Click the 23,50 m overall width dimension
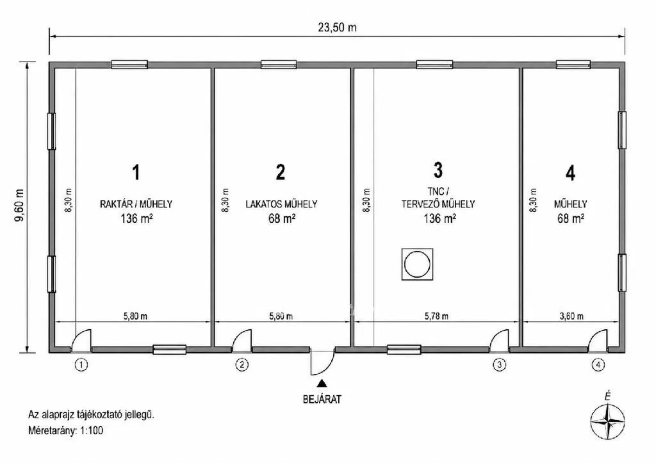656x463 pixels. pos(337,28)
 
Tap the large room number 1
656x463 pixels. pos(136,172)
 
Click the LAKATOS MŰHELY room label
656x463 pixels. pos(281,204)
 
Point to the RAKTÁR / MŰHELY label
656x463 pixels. pos(136,204)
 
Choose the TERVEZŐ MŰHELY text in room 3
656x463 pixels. pos(438,204)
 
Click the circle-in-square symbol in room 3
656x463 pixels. pos(417,264)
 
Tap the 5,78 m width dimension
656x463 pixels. pos(436,316)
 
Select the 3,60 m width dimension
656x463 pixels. pos(571,316)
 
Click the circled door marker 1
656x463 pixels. pos(81,365)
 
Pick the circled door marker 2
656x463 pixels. pos(242,365)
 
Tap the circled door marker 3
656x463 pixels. pos(499,365)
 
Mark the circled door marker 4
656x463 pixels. pos(598,365)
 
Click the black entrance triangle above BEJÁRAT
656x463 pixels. pos(322,383)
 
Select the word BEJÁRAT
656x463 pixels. pos(322,400)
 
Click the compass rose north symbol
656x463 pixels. pos(607,422)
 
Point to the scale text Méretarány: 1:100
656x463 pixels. pos(65,430)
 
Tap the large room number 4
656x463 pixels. pos(570,173)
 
